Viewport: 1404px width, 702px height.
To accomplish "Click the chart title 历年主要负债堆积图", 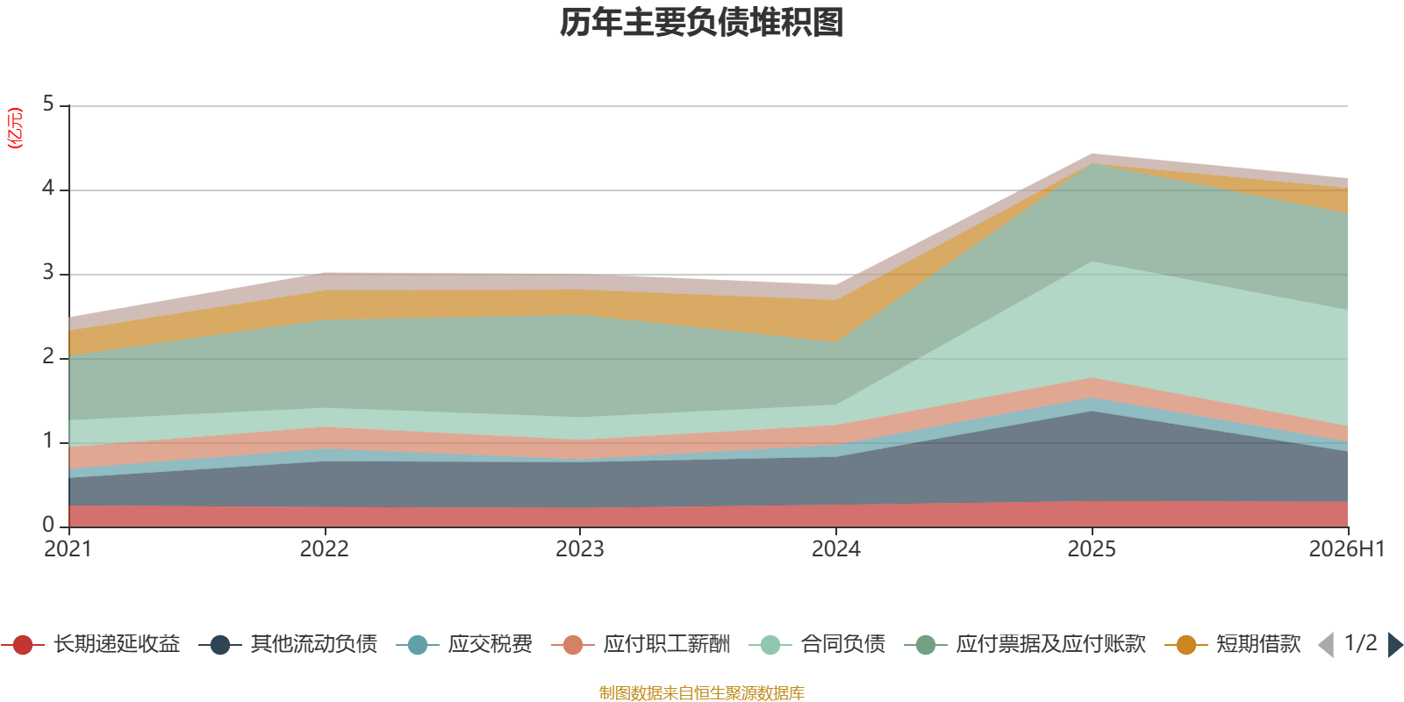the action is coord(701,23).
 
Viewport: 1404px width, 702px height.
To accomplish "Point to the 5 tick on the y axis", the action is coord(48,104).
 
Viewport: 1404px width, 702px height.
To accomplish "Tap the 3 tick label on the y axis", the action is coord(48,272).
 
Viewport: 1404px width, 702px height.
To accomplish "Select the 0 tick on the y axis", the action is coord(48,525).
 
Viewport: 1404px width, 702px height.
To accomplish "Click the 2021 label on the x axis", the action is coord(68,549).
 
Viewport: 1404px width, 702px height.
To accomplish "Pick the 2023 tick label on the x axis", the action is coord(580,549).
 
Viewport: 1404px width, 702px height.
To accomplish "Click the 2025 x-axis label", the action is coord(1092,549).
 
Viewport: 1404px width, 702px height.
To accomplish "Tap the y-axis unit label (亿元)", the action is coord(15,128).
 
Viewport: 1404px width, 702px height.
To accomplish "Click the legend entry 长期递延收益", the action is coord(91,644).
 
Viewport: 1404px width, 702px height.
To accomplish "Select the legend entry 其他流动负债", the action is coord(288,644).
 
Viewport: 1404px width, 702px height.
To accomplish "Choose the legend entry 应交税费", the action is coord(464,644).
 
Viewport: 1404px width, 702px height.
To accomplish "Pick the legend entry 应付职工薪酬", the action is coord(641,644).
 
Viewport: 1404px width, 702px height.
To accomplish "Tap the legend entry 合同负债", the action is coord(817,644).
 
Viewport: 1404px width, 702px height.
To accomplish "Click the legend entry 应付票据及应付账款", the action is coord(1025,644).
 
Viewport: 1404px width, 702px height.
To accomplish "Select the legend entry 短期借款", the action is coord(1233,644).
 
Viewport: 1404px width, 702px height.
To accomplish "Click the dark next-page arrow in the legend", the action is coord(1395,645).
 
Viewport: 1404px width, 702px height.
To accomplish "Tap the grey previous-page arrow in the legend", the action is coord(1326,645).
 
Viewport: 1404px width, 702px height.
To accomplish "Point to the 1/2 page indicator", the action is coord(1361,643).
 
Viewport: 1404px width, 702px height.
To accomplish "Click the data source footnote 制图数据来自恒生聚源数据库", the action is coord(701,692).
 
